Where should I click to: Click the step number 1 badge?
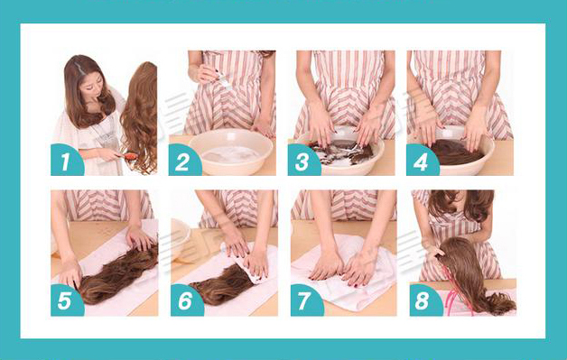pyautogui.click(x=66, y=160)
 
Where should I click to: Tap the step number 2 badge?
pyautogui.click(x=183, y=160)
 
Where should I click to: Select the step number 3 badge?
pyautogui.click(x=303, y=160)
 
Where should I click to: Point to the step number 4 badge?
pyautogui.click(x=422, y=160)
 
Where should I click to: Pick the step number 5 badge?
pyautogui.click(x=66, y=300)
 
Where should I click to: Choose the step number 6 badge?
pyautogui.click(x=186, y=300)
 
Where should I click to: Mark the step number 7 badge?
pyautogui.click(x=306, y=300)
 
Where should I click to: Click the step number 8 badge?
pyautogui.click(x=425, y=300)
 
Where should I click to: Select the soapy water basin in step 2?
pyautogui.click(x=231, y=151)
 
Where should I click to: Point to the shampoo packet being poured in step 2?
pyautogui.click(x=222, y=79)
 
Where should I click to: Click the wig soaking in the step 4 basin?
pyautogui.click(x=456, y=152)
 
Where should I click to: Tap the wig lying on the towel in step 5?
pyautogui.click(x=117, y=272)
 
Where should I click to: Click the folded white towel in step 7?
pyautogui.click(x=343, y=271)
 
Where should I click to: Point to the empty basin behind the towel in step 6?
pyautogui.click(x=180, y=238)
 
